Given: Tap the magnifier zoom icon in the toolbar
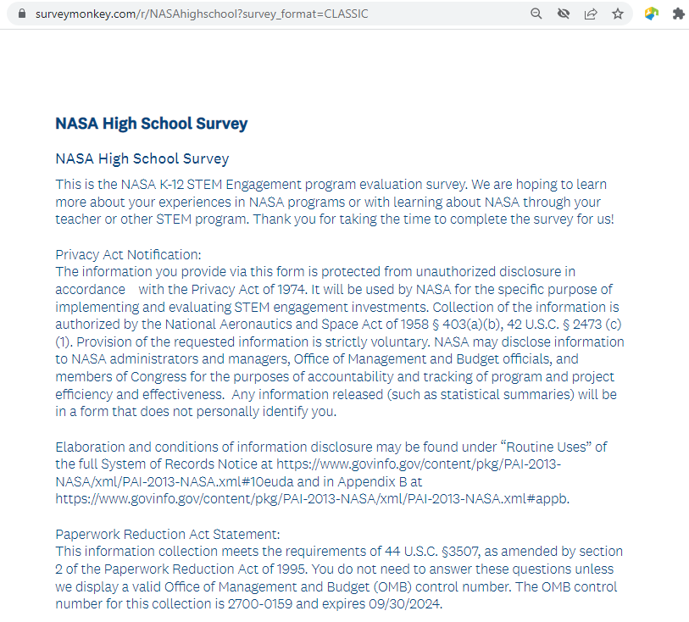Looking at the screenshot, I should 536,14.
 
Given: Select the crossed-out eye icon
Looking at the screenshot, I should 563,14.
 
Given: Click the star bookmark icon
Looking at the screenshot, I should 618,14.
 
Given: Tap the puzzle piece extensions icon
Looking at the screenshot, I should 678,14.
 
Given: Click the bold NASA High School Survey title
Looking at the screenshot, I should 151,124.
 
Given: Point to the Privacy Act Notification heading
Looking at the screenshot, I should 127,255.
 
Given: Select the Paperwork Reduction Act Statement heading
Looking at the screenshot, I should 167,535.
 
